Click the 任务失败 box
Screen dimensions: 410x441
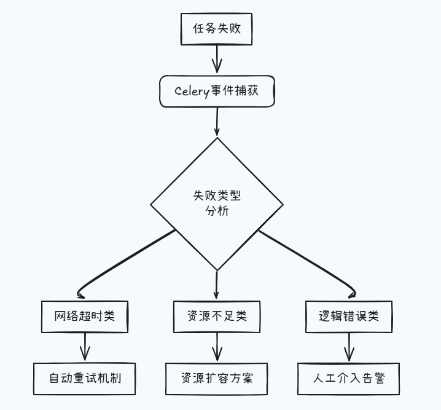click(216, 29)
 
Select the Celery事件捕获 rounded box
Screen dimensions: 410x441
click(217, 91)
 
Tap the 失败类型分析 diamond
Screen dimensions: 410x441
click(217, 203)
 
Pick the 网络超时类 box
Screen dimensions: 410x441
click(84, 317)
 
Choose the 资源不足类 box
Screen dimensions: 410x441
click(217, 317)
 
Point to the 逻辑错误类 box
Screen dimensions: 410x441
click(349, 317)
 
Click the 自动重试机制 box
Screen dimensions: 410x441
click(84, 378)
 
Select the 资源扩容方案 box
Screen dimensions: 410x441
click(217, 378)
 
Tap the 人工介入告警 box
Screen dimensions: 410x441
click(349, 378)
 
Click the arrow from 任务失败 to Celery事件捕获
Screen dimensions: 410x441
click(216, 60)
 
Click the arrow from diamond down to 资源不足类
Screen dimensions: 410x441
click(217, 285)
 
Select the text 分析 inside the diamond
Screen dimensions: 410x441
click(217, 211)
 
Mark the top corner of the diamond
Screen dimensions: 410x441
click(217, 138)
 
